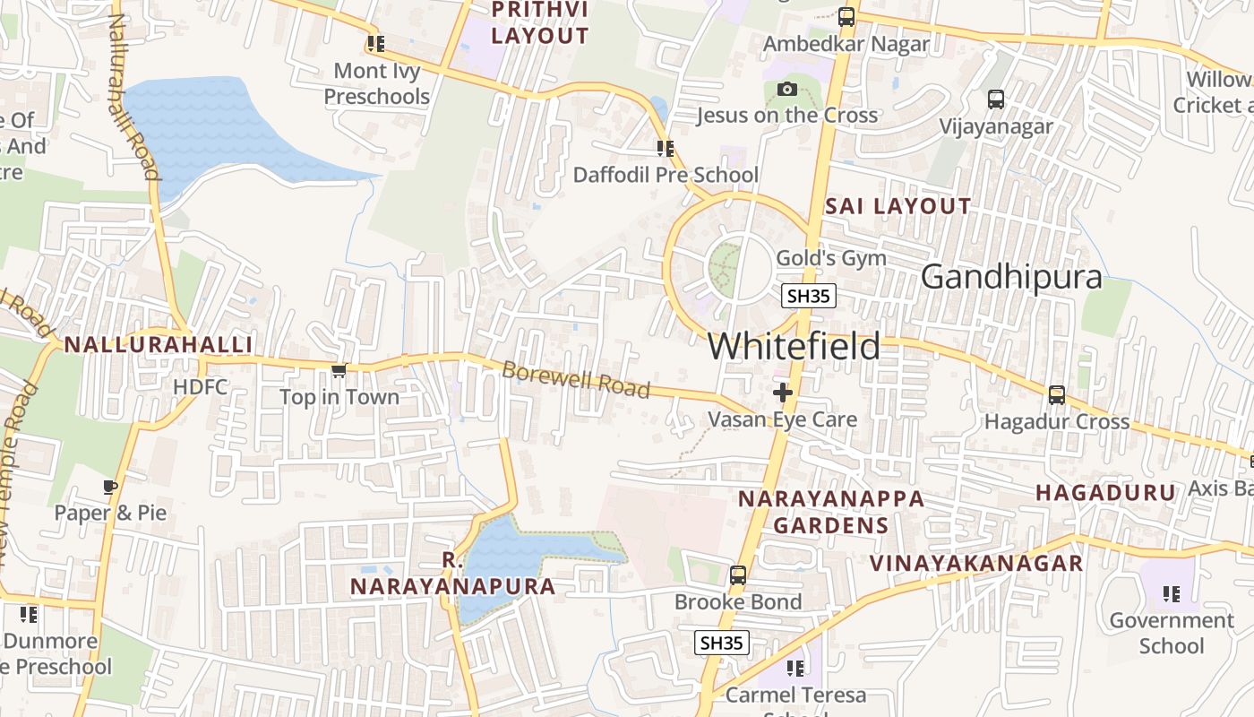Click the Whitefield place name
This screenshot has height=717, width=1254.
[794, 347]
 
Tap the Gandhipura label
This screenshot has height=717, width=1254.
[1011, 277]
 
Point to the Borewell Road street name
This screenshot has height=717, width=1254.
[575, 379]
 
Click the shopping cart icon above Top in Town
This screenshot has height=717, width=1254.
[339, 370]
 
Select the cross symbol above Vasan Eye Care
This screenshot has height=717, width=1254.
[783, 392]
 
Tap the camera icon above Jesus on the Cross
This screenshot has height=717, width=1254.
[787, 89]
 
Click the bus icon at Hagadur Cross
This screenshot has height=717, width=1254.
[1057, 394]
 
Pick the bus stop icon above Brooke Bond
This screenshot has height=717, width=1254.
[738, 575]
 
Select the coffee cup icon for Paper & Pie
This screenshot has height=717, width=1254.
[110, 487]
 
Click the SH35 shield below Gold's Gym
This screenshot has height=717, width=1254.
[809, 296]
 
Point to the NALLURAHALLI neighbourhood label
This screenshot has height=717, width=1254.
[158, 345]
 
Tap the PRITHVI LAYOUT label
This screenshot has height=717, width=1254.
[540, 22]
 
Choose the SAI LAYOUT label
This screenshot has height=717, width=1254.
[898, 206]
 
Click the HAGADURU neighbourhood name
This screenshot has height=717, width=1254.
[1105, 492]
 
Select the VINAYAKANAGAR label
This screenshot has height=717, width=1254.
[977, 564]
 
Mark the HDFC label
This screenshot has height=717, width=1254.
[201, 387]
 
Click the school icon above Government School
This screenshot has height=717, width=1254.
[1171, 593]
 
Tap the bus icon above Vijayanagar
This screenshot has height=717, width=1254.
[996, 99]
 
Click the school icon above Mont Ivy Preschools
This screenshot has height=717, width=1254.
[376, 43]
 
